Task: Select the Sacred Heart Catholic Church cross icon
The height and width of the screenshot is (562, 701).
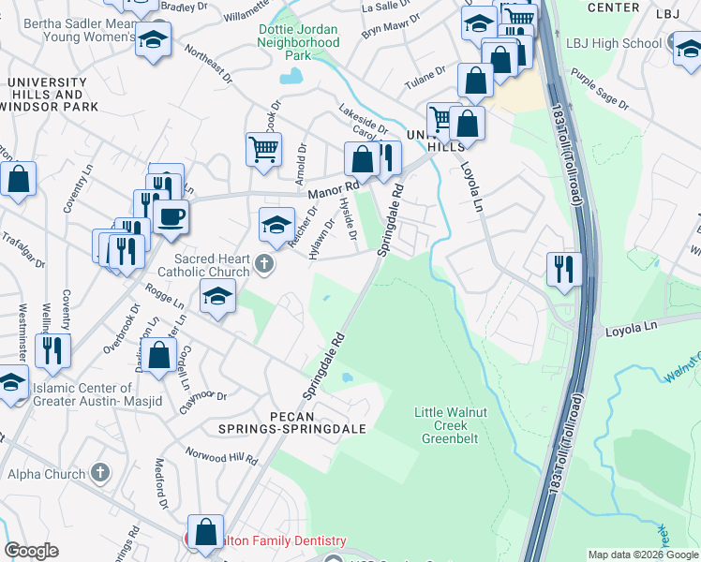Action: pos(263,265)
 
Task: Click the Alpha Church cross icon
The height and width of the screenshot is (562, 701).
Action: pos(100,474)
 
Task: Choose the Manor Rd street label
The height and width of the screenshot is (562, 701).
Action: pos(327,192)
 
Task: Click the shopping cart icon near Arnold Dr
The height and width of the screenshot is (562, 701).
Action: pos(263,148)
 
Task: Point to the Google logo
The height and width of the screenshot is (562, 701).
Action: pos(32,551)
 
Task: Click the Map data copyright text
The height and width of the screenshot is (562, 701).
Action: pos(643,555)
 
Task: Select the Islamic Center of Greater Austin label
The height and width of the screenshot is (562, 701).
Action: pos(82,394)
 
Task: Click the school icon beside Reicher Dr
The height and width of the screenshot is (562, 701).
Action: pos(276,223)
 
